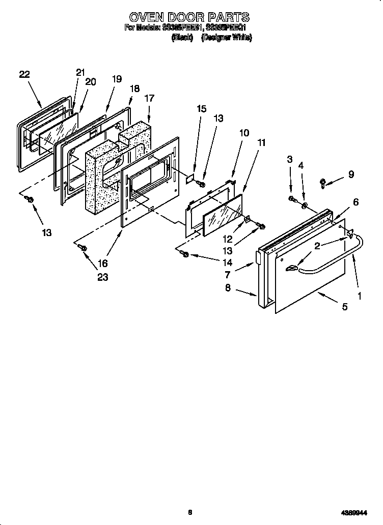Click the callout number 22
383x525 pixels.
coord(24,74)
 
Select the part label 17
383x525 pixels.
coord(149,98)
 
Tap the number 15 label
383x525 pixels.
coord(202,108)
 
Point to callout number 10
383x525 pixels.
coord(244,133)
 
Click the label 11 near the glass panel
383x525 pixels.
coord(261,143)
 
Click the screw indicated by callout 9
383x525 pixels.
coord(323,183)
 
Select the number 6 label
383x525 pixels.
coord(355,202)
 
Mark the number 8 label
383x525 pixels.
coord(228,287)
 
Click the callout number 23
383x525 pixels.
coord(103,277)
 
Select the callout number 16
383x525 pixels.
coord(103,263)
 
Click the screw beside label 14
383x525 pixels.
coord(185,254)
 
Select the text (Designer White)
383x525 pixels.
coord(227,38)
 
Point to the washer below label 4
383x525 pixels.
coord(304,206)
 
